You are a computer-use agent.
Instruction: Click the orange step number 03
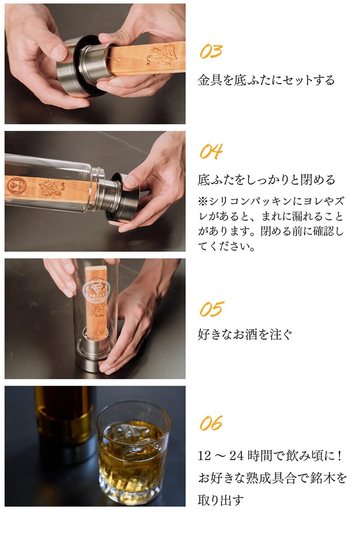coord(211,51)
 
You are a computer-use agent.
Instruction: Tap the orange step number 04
coord(211,151)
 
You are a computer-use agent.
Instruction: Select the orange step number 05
coord(212,309)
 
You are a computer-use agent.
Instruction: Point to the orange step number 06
coord(211,423)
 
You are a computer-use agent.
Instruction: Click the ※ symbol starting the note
coord(203,201)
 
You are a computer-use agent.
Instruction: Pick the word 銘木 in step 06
coord(322,478)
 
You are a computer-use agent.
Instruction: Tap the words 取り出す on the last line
coord(220,500)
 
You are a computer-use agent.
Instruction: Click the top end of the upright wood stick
coord(96,267)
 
